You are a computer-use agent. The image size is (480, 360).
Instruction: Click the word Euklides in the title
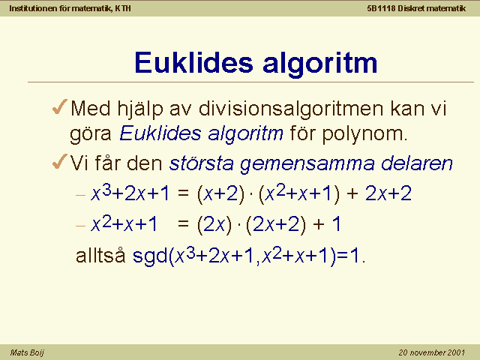click(193, 63)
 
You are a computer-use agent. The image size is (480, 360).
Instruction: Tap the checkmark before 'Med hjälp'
click(60, 106)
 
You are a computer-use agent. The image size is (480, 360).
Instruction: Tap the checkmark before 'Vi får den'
click(60, 161)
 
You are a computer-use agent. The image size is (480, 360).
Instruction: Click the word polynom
click(364, 133)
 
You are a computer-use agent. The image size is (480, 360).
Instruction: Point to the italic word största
click(202, 163)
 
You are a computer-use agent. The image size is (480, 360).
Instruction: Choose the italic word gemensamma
click(307, 164)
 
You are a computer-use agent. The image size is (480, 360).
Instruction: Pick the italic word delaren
click(417, 163)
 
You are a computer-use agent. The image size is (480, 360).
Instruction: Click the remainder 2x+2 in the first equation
click(388, 193)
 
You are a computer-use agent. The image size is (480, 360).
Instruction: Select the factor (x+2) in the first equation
click(221, 194)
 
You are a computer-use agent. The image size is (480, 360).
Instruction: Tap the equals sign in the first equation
click(183, 193)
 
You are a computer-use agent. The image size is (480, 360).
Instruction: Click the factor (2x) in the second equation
click(214, 225)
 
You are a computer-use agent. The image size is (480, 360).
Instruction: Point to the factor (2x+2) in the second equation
click(276, 225)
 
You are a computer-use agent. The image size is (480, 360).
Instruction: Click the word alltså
click(100, 255)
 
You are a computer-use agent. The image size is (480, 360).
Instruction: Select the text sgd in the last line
click(150, 256)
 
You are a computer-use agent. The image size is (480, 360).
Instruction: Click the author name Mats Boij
click(27, 352)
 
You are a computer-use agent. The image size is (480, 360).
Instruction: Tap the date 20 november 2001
click(432, 352)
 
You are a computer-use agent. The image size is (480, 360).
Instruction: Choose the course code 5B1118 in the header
click(381, 8)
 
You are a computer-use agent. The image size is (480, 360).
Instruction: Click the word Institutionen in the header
click(33, 8)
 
